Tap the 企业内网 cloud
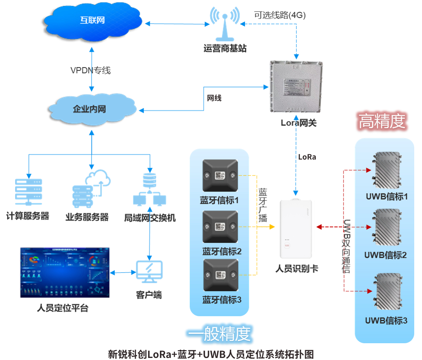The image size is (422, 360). point(91,109)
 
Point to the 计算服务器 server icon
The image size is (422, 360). point(28,191)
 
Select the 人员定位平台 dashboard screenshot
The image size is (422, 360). point(65,272)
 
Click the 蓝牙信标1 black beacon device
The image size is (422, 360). point(220,175)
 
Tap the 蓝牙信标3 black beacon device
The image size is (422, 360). point(220,275)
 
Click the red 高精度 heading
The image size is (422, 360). point(382,121)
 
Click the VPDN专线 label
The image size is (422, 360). point(90,70)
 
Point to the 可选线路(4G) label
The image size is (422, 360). point(280,15)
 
